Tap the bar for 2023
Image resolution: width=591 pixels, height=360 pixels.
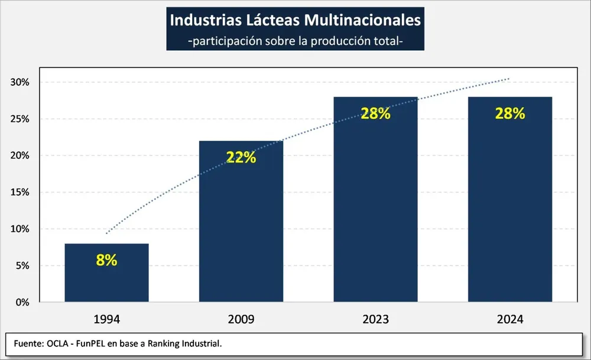point(375,201)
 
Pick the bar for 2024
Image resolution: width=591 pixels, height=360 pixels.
point(510,201)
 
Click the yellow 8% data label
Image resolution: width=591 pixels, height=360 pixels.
point(106,260)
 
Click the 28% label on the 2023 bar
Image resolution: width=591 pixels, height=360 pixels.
point(375,113)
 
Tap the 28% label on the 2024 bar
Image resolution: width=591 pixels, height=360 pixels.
point(510,113)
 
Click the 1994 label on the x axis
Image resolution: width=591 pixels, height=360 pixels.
point(106,319)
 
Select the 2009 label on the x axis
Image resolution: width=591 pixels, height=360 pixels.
point(241,319)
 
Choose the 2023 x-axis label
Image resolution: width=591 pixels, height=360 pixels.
point(375,319)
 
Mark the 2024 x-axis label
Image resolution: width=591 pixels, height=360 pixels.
point(510,319)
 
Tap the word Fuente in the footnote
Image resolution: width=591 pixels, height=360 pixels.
point(26,343)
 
